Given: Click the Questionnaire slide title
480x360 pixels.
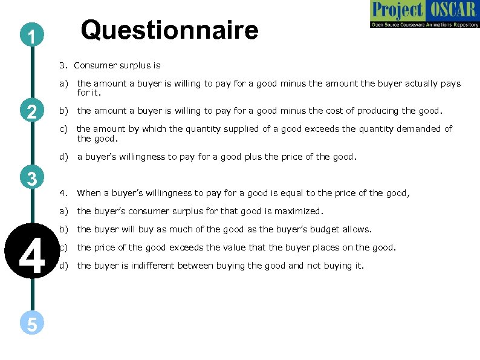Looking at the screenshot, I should [x=170, y=30].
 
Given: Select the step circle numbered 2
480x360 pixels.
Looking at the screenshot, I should [x=31, y=111].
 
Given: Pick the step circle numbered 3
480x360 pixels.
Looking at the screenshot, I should [x=31, y=178].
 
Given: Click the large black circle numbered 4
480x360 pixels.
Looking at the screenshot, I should [x=31, y=255].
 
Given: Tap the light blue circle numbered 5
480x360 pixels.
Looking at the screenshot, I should [x=31, y=324].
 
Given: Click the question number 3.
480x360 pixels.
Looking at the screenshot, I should [x=62, y=65].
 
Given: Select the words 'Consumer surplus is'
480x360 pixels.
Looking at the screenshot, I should [x=117, y=65].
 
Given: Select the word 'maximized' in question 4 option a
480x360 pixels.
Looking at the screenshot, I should [x=302, y=212].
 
